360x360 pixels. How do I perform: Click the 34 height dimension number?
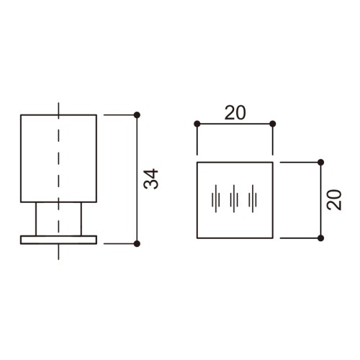(x=151, y=179)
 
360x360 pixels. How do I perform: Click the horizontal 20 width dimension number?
(x=235, y=113)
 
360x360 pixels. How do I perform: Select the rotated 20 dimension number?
(x=334, y=200)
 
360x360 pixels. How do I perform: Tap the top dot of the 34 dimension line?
(x=137, y=115)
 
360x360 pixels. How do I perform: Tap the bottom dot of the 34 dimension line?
(x=137, y=244)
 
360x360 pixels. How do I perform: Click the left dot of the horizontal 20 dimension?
(x=197, y=124)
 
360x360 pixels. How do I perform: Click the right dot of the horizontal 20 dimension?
(x=273, y=124)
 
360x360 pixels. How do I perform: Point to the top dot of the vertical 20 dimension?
(x=320, y=163)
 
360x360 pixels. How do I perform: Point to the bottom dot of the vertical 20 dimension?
(x=320, y=238)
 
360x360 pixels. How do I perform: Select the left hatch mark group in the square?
(x=216, y=199)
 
